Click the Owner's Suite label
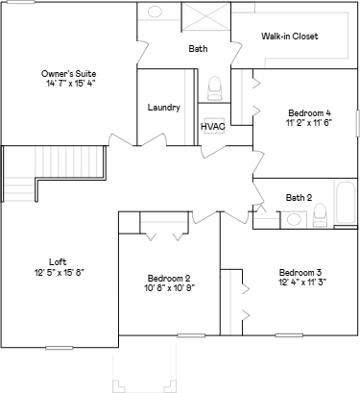(68, 73)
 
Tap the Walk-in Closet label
(289, 37)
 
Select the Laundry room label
(163, 107)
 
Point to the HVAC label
(212, 126)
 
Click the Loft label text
(58, 261)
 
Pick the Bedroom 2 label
(168, 278)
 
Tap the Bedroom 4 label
(301, 111)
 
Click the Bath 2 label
(299, 198)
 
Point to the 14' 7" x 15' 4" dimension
(68, 84)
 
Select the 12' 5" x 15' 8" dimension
(58, 272)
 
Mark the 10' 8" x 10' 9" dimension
(168, 288)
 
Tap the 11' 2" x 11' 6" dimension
(301, 122)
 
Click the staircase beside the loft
(18, 173)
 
